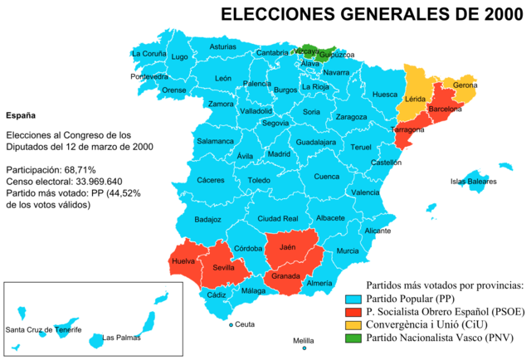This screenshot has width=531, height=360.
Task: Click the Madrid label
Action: (x=279, y=154)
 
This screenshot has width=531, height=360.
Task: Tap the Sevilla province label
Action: (x=224, y=268)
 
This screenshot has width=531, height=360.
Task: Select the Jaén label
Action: (x=288, y=247)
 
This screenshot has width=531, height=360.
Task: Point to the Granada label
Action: (x=286, y=276)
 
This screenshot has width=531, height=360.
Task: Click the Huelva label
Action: (x=183, y=261)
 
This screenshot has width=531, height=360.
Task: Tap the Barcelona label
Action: (x=444, y=109)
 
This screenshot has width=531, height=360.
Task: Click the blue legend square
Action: (x=353, y=299)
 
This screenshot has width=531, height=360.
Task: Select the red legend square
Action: (x=353, y=312)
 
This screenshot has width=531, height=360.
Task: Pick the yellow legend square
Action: (x=353, y=325)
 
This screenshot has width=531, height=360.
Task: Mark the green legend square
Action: (x=353, y=338)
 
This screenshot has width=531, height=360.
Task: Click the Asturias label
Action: (x=222, y=47)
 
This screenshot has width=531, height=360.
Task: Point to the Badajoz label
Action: (x=207, y=220)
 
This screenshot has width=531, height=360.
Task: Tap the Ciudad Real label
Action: (x=278, y=218)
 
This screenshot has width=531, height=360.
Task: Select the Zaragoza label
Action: (x=352, y=117)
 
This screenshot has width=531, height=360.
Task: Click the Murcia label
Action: (x=348, y=251)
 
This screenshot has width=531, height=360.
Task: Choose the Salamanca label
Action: (x=215, y=141)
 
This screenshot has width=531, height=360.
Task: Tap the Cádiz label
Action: (x=217, y=295)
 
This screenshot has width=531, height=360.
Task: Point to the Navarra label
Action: (x=336, y=72)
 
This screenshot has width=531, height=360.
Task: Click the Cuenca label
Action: (x=327, y=176)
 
